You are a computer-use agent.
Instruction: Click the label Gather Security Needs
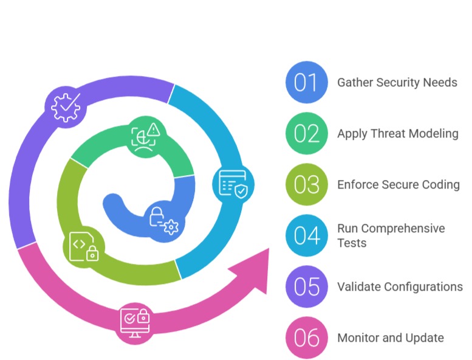coord(397,82)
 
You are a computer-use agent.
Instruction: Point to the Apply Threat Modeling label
coord(398,133)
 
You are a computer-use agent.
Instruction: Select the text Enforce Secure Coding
coord(398,184)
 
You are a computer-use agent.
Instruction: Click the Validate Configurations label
coord(400,286)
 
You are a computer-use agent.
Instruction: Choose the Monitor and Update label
coord(391,337)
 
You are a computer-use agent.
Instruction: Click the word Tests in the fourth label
coord(352,243)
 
